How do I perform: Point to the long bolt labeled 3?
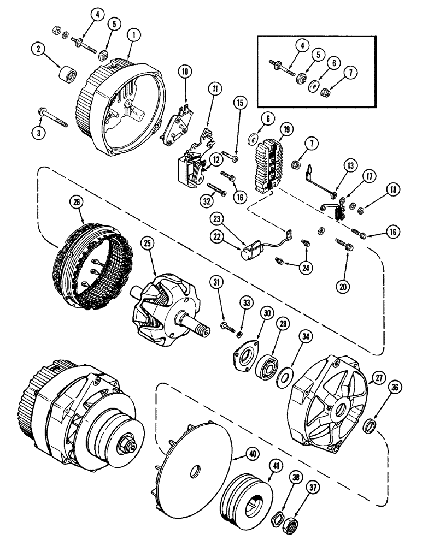pyautogui.click(x=55, y=116)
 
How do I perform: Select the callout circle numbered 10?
pyautogui.click(x=185, y=71)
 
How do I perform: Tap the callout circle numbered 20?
pyautogui.click(x=345, y=284)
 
